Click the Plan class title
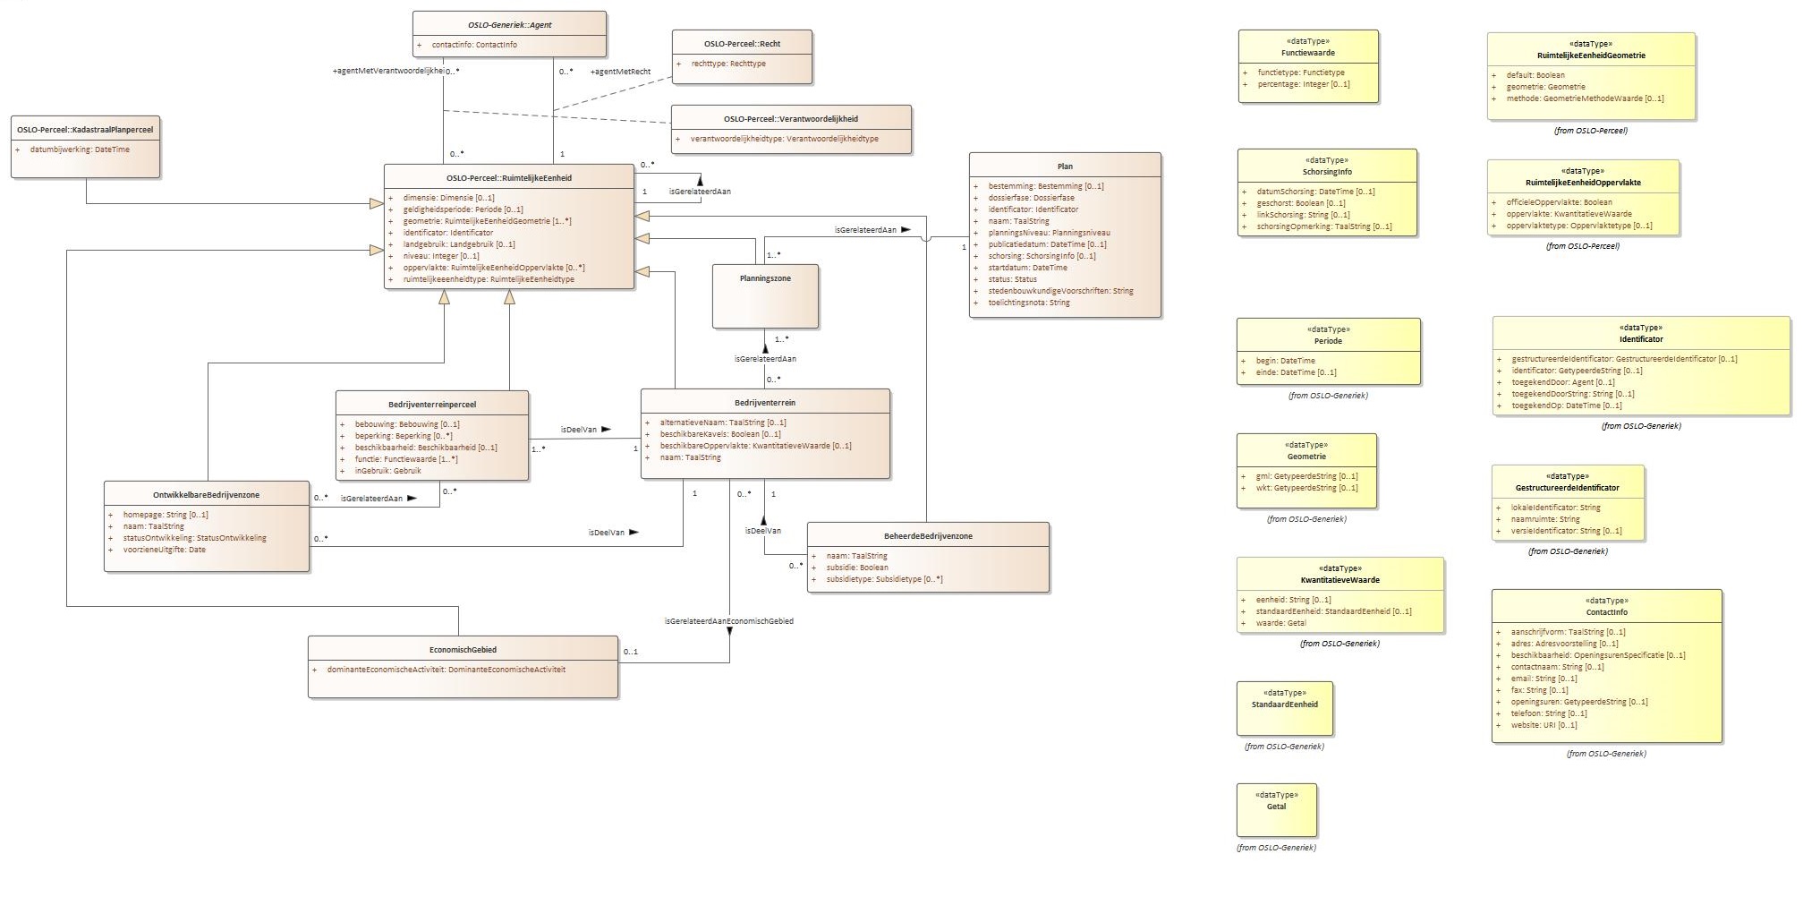(1065, 166)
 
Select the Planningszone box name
(765, 278)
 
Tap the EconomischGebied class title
(463, 650)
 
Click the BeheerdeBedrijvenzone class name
(928, 536)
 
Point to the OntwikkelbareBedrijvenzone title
(206, 495)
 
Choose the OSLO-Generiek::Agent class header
(509, 25)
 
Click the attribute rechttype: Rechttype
(728, 64)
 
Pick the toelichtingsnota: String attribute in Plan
(1028, 303)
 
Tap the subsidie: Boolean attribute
(856, 568)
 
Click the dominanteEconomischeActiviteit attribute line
(446, 670)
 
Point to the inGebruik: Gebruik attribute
(387, 471)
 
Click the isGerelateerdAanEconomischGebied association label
(728, 621)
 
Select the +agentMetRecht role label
(620, 72)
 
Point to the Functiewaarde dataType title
(1307, 53)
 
